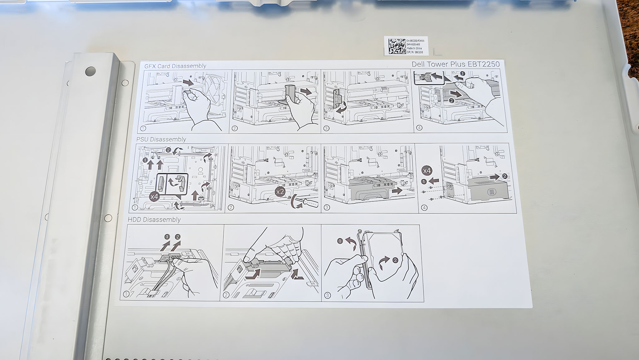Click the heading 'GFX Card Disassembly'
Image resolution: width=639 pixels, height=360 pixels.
pyautogui.click(x=175, y=66)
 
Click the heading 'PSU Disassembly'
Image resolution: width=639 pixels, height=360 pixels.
pyautogui.click(x=161, y=139)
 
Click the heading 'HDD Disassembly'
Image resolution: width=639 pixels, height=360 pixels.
pyautogui.click(x=154, y=219)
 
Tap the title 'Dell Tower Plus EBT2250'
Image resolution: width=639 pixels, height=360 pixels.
pyautogui.click(x=456, y=64)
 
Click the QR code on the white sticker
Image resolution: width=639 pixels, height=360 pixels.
pyautogui.click(x=396, y=46)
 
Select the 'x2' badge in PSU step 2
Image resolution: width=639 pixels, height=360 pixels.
pyautogui.click(x=280, y=191)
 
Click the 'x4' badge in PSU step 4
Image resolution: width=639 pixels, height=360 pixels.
pyautogui.click(x=427, y=171)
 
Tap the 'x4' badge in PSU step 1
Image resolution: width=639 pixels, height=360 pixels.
pyautogui.click(x=154, y=197)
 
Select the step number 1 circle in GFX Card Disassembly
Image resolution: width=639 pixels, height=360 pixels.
pyautogui.click(x=143, y=128)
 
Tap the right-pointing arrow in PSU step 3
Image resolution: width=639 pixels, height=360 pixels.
pyautogui.click(x=397, y=191)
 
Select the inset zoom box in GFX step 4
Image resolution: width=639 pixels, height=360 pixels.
pyautogui.click(x=429, y=78)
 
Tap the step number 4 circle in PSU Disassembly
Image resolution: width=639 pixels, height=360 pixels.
pyautogui.click(x=424, y=208)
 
